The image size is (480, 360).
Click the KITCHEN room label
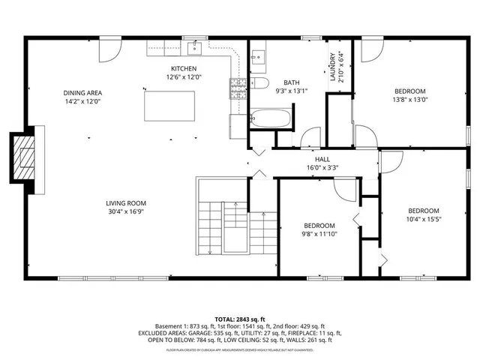click(x=183, y=68)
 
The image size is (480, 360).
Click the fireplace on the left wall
click(x=25, y=159)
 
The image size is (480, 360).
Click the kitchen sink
click(x=196, y=49)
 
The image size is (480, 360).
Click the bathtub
click(x=271, y=118)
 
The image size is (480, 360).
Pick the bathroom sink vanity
click(x=259, y=55)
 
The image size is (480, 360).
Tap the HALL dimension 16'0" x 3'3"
click(x=322, y=168)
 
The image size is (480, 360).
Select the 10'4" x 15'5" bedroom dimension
click(x=423, y=219)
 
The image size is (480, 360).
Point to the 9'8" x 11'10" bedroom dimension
click(x=319, y=234)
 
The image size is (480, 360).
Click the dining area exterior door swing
click(x=109, y=49)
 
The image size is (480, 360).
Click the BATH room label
click(x=292, y=82)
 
